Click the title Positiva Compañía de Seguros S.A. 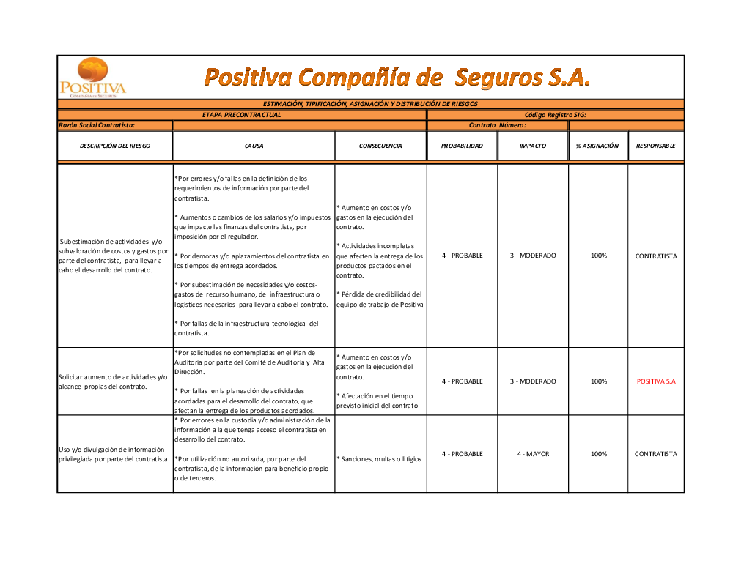pyautogui.click(x=397, y=77)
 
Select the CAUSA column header pyautogui.click(x=254, y=146)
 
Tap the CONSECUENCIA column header pyautogui.click(x=380, y=146)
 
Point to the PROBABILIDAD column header pyautogui.click(x=462, y=146)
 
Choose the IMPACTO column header pyautogui.click(x=533, y=146)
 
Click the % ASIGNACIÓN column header pyautogui.click(x=597, y=146)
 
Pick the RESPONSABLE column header pyautogui.click(x=656, y=146)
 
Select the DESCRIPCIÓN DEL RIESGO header pyautogui.click(x=115, y=146)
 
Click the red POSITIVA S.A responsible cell pyautogui.click(x=656, y=381)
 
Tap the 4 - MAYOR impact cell pyautogui.click(x=533, y=454)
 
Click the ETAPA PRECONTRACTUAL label pyautogui.click(x=242, y=115)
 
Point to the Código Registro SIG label pyautogui.click(x=555, y=115)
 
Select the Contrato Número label pyautogui.click(x=498, y=125)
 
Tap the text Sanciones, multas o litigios pyautogui.click(x=379, y=459)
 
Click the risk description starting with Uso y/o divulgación pyautogui.click(x=114, y=454)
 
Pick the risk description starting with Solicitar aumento pyautogui.click(x=113, y=381)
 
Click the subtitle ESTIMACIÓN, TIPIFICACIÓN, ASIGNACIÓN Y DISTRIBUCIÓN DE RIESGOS pyautogui.click(x=370, y=104)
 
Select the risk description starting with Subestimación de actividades pyautogui.click(x=114, y=256)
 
